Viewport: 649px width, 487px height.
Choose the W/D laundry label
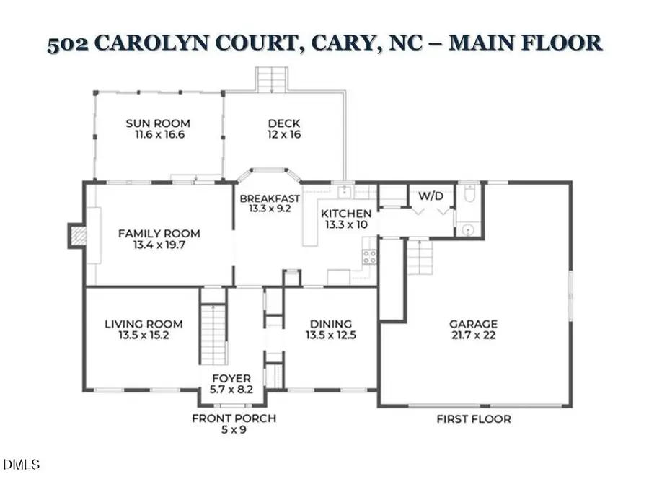coord(431,196)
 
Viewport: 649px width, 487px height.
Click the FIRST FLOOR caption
coord(474,419)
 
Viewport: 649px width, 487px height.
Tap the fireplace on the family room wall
coord(76,235)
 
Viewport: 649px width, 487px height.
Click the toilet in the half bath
coord(468,194)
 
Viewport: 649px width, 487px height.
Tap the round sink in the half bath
coord(468,229)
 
